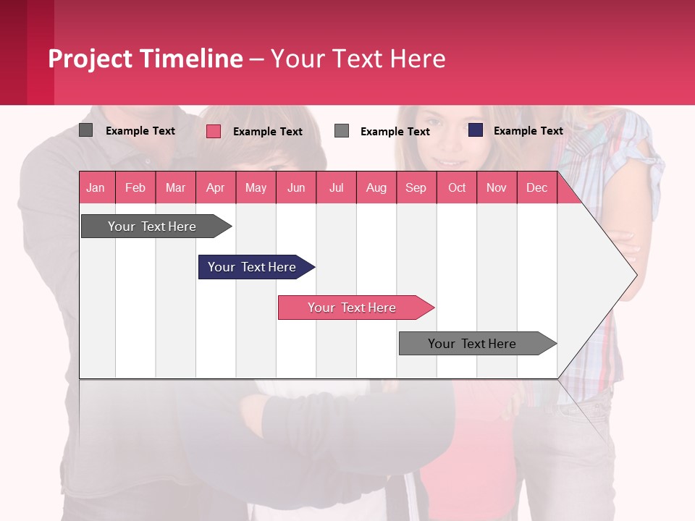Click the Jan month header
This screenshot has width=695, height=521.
coord(96,187)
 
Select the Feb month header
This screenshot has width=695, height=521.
coord(135,187)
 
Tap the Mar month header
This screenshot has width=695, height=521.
coord(175,187)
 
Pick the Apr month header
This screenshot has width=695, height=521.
coord(216,187)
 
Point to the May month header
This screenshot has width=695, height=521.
coord(256,187)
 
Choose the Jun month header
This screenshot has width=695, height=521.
coord(296,187)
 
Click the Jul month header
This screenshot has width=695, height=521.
coord(336,187)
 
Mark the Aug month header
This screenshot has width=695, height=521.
coord(376,187)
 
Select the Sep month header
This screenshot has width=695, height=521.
coord(416,187)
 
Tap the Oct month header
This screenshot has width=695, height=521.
coord(457,187)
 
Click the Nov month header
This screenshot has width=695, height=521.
coord(497,187)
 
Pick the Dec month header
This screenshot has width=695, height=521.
coord(537,187)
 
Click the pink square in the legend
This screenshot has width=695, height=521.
coord(214,131)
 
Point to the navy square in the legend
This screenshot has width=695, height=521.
coord(476,130)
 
